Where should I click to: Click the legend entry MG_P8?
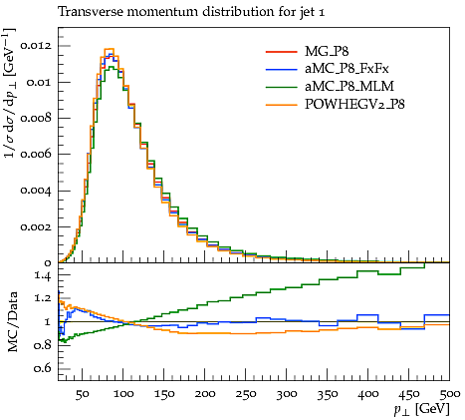327,52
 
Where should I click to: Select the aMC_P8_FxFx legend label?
347,69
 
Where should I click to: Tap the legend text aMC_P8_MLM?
349,87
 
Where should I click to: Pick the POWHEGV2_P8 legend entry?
354,105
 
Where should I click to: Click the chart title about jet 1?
191,12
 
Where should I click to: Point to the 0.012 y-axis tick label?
36,45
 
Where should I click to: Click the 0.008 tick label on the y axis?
36,118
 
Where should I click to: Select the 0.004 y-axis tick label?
36,191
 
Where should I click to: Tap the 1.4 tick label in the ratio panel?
43,275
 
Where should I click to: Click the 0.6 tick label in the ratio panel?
43,368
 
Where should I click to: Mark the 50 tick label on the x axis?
82,394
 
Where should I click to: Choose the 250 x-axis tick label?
246,394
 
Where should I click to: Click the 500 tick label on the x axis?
450,394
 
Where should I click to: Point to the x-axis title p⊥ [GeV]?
421,409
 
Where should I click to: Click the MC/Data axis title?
12,321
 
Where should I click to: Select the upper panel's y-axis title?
9,94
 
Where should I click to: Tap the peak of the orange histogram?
110,49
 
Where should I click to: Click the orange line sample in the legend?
281,105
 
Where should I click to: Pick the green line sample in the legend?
281,87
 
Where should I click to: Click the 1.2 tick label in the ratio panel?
43,298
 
